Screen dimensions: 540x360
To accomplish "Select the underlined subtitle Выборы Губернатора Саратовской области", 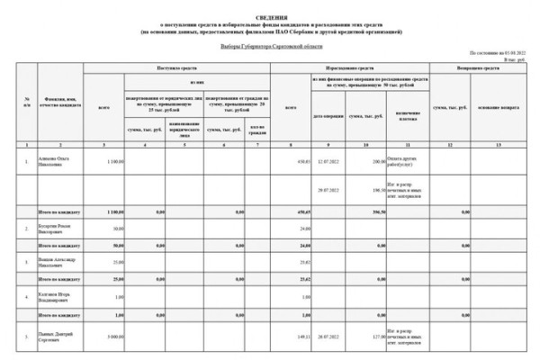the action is coord(270,43).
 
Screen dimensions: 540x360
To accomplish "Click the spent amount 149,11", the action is coord(301,337).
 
